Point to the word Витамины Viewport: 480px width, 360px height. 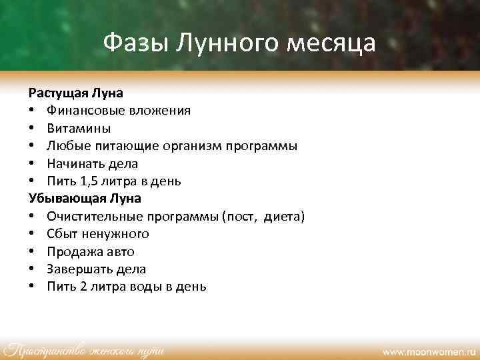tap(79, 128)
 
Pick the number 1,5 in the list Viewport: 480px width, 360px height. tap(88, 181)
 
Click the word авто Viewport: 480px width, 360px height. tap(120, 251)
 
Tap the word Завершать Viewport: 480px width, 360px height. tap(77, 269)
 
